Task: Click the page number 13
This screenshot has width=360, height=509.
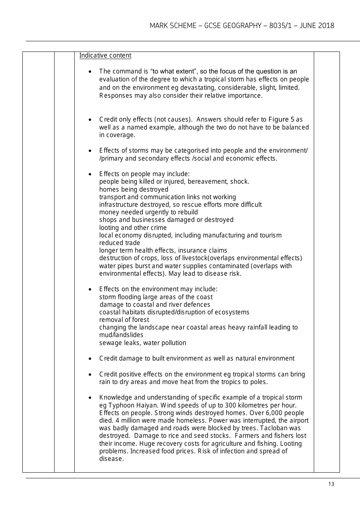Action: pos(331,484)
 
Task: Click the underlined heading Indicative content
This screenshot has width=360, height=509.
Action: pos(105,56)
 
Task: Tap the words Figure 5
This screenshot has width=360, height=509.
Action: pos(281,119)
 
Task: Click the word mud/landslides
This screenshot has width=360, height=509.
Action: pos(121,335)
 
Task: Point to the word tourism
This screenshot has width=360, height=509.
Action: pos(270,235)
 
